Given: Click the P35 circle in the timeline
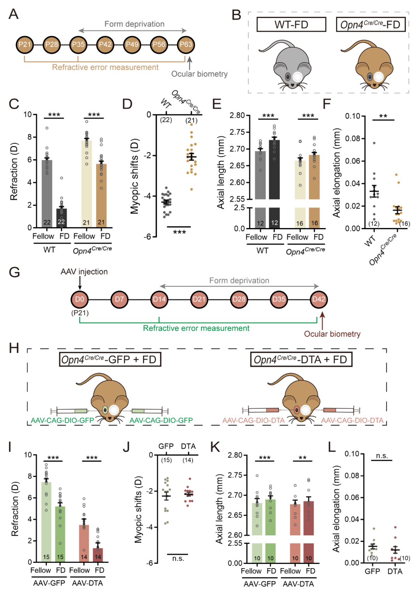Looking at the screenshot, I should pyautogui.click(x=78, y=45).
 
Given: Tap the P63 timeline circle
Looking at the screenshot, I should pyautogui.click(x=186, y=45).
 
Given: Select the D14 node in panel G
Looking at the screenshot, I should pyautogui.click(x=159, y=299).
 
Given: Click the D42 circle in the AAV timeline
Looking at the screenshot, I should pyautogui.click(x=319, y=299).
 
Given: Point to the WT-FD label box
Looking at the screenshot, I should pyautogui.click(x=291, y=25).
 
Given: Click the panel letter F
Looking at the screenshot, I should pyautogui.click(x=327, y=104).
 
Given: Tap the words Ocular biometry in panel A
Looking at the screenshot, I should pyautogui.click(x=199, y=74).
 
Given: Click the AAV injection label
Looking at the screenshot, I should pyautogui.click(x=84, y=272).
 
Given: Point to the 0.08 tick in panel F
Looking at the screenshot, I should pyautogui.click(x=353, y=138).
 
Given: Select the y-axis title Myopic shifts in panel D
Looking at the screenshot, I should pyautogui.click(x=134, y=176).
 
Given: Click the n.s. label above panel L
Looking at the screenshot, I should pyautogui.click(x=382, y=456).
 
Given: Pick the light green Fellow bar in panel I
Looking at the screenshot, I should pyautogui.click(x=46, y=522).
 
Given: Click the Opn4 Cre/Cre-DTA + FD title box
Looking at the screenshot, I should pyautogui.click(x=301, y=360).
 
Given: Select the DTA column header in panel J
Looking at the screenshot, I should pyautogui.click(x=188, y=447).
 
